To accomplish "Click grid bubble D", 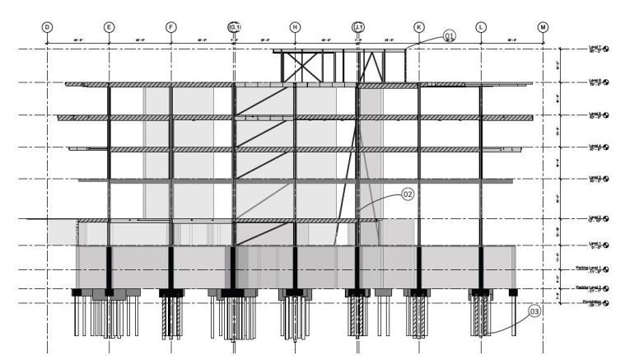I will (47, 27).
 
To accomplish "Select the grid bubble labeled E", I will (109, 27).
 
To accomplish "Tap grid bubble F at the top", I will (170, 27).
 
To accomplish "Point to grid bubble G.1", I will (234, 27).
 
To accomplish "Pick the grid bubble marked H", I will (295, 27).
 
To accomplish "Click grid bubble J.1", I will (357, 27).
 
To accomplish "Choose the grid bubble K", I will (419, 27).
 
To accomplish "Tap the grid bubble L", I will (481, 27).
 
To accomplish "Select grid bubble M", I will (543, 27).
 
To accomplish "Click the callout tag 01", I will (450, 35).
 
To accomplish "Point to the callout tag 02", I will (407, 194).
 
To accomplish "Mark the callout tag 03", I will (534, 311).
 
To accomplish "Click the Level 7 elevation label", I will (596, 49).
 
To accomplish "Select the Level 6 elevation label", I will (596, 83).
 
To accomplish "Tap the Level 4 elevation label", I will (596, 147).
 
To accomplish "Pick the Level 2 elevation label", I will (596, 219).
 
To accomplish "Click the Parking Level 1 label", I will (591, 269).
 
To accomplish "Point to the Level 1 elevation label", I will (596, 245).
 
